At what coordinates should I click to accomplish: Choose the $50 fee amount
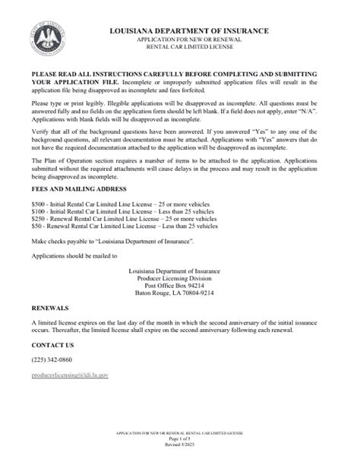36,227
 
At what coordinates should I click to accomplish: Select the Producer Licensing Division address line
179,279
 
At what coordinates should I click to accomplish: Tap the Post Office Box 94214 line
179,286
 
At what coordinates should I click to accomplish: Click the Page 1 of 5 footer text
179,441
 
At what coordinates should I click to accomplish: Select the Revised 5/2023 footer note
179,446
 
